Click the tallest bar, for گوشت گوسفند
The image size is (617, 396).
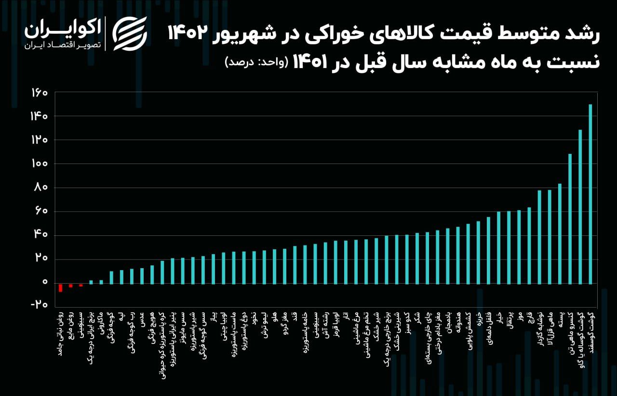coord(590,193)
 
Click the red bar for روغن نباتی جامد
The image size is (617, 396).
coord(60,287)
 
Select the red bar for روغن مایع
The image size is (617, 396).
coord(71,286)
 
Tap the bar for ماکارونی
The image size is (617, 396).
coord(101,282)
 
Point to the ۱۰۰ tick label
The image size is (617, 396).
coord(40,164)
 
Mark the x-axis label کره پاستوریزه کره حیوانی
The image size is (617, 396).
coord(162,343)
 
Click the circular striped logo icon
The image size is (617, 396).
coord(130,34)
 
